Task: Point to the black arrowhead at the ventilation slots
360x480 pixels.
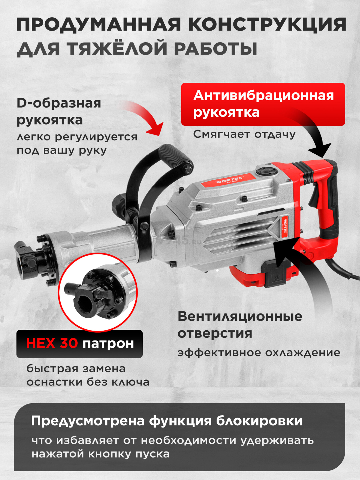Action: tap(286, 251)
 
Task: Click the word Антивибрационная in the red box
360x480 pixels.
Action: tap(264, 96)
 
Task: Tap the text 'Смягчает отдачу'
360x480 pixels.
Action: tap(244, 134)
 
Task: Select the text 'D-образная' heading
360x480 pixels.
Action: tap(59, 103)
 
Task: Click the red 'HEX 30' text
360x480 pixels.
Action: tap(52, 343)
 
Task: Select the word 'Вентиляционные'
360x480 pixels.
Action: tap(240, 316)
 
